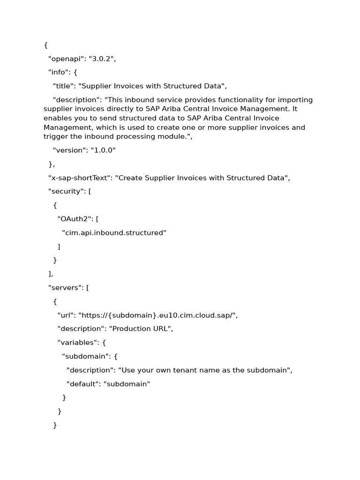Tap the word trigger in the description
55,136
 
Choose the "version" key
68,150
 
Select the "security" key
66,191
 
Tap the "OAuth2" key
75,219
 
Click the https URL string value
158,315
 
